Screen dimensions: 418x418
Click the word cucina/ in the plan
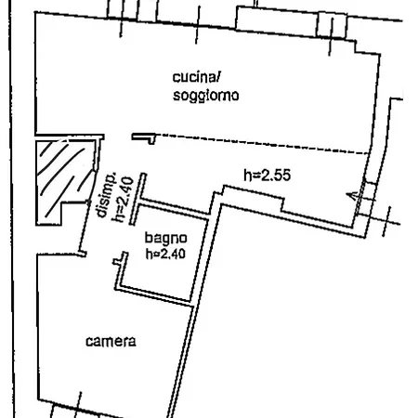click(196, 77)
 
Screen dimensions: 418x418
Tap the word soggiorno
click(205, 96)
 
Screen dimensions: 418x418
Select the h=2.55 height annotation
click(268, 176)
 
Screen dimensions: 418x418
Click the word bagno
click(166, 239)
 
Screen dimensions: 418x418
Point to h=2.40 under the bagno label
click(165, 254)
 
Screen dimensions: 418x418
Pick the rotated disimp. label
click(106, 194)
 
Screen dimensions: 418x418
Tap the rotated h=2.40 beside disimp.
click(123, 199)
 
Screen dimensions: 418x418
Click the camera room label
click(111, 341)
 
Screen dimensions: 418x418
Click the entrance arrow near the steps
click(356, 196)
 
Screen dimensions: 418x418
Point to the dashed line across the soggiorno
click(262, 144)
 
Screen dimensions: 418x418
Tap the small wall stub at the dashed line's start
click(143, 137)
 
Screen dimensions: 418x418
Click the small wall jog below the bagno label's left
click(120, 259)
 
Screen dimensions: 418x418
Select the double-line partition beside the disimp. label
click(137, 199)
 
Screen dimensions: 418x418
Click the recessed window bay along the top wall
click(291, 21)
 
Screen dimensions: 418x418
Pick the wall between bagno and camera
click(154, 295)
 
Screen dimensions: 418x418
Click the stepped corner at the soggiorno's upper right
click(367, 47)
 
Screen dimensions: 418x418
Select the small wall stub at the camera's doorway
click(82, 254)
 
